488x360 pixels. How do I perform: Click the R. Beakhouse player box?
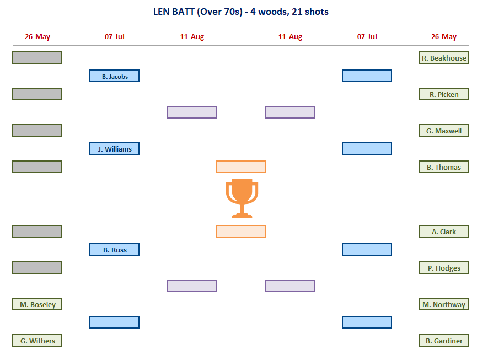443,58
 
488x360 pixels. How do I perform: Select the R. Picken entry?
443,94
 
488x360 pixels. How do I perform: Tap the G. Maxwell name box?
443,131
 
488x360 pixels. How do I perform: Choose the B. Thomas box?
443,167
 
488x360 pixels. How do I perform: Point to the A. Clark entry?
443,232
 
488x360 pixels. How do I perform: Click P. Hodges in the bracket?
443,268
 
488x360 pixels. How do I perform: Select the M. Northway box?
443,304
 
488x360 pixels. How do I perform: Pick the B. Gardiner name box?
443,341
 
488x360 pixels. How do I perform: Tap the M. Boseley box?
37,304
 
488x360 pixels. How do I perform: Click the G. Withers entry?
37,341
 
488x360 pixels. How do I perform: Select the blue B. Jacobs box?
114,76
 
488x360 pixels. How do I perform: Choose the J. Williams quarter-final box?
114,148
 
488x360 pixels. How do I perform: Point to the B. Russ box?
114,250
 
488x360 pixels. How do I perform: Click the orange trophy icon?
242,198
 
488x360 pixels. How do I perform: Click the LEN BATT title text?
240,12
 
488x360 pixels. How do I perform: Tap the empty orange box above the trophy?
240,166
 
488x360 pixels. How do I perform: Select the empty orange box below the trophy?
240,231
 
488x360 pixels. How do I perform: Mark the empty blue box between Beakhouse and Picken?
367,76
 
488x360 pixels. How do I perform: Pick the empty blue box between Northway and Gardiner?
367,322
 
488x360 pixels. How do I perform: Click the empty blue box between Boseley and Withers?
114,322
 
